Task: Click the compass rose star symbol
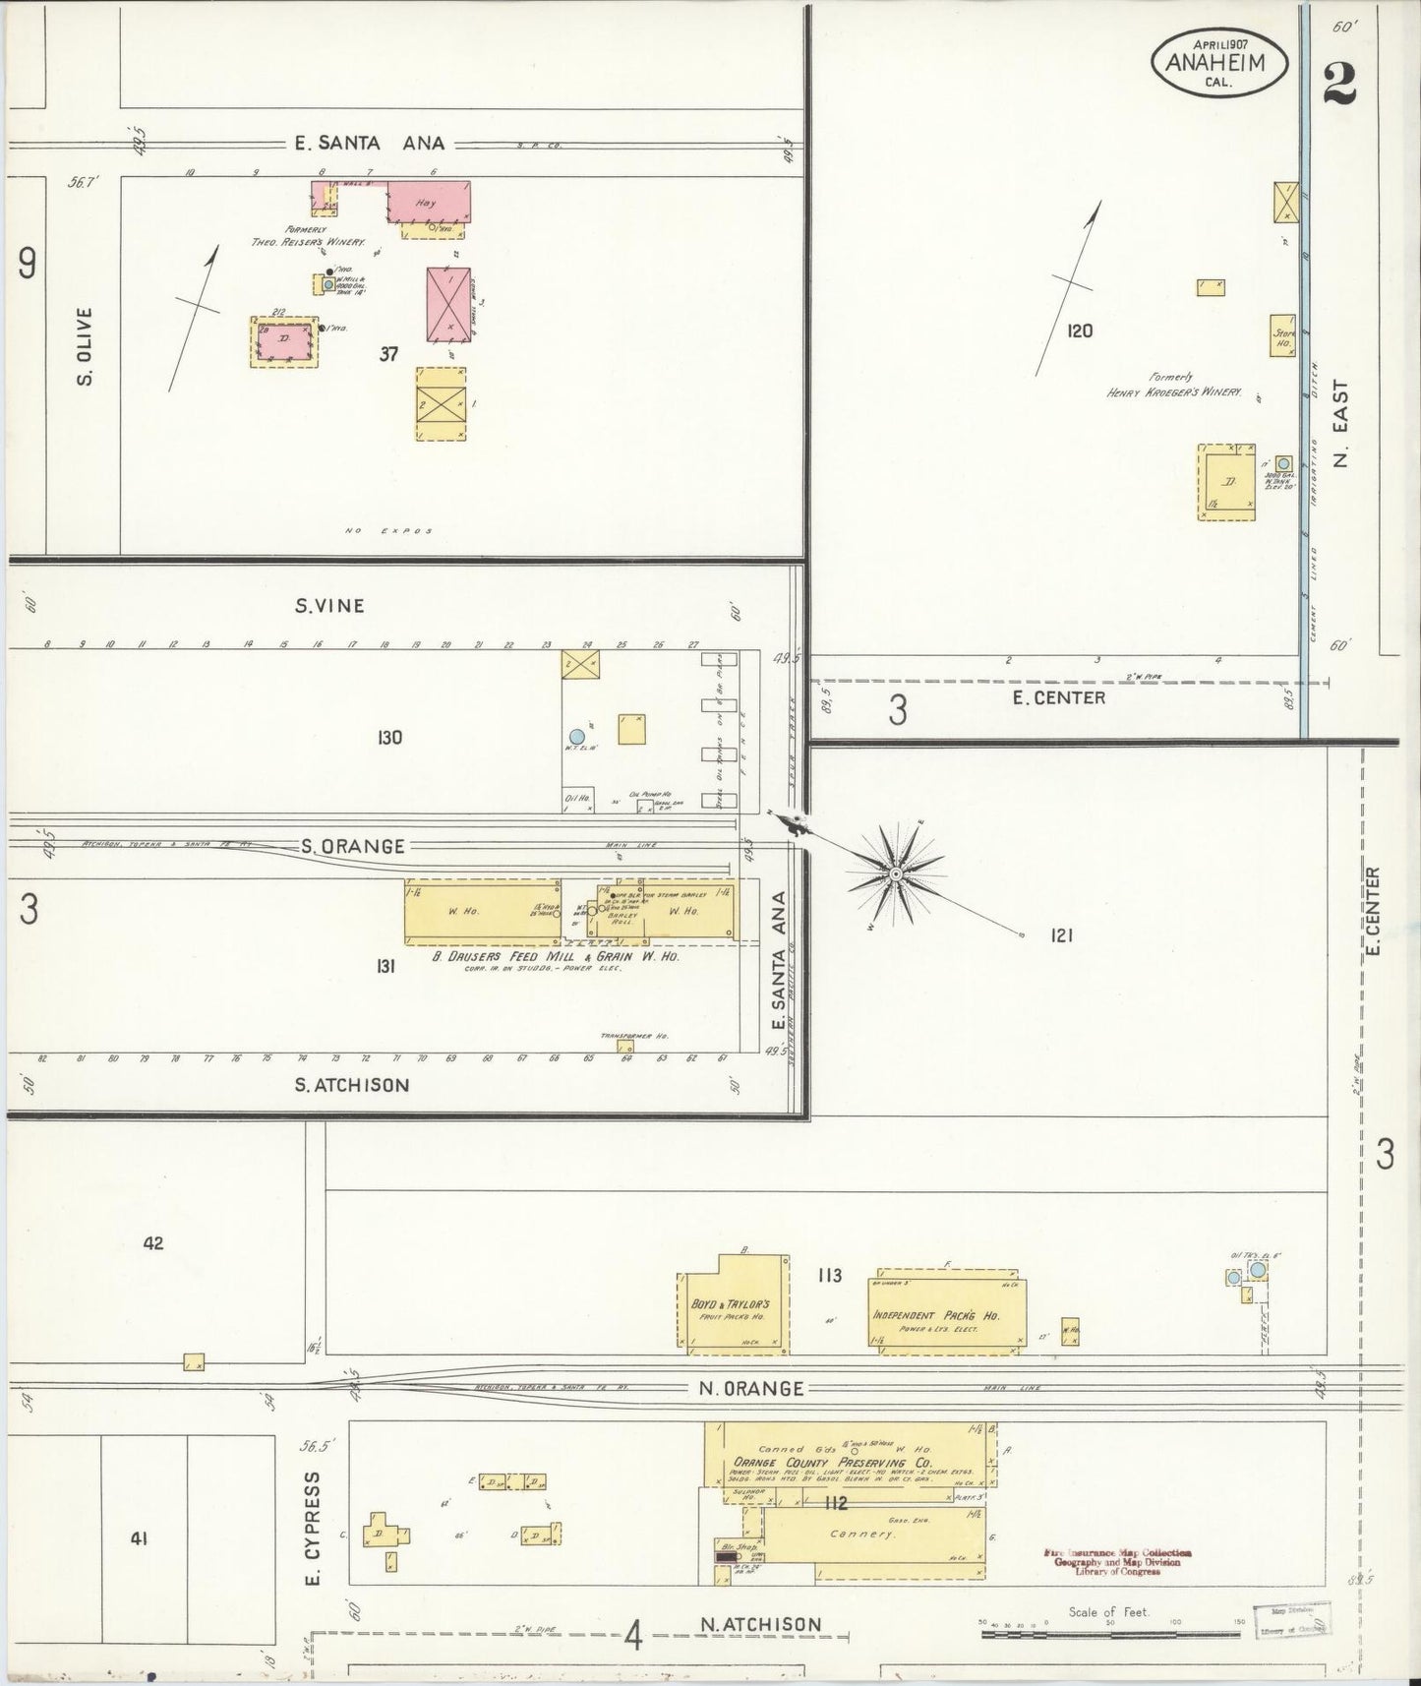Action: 896,873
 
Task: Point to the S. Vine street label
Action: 329,606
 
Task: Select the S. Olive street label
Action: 85,346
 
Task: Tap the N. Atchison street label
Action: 762,1624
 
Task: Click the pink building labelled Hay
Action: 428,202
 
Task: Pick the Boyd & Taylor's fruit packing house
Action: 733,1303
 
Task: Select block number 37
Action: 389,354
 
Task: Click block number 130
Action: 389,737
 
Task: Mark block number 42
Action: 152,1243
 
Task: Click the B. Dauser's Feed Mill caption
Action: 557,955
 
